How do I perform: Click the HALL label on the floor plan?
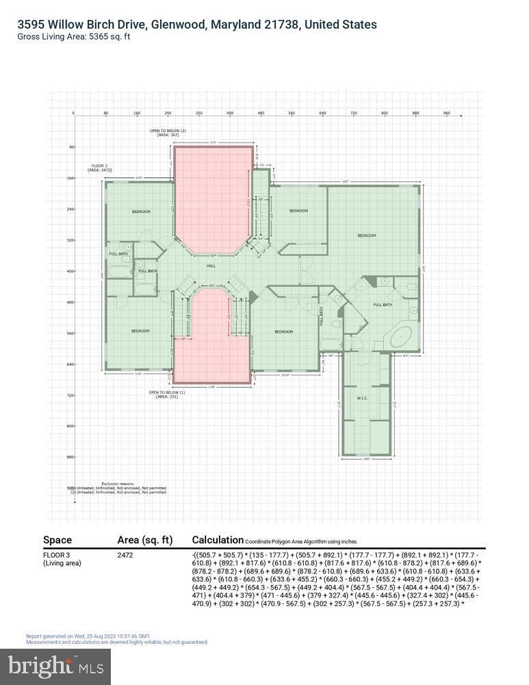[212, 265]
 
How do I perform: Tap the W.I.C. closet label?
[363, 398]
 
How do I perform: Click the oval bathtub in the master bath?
[398, 337]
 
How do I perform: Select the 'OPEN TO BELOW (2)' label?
[168, 133]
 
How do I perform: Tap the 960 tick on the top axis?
[446, 112]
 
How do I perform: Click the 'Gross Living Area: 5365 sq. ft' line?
[74, 36]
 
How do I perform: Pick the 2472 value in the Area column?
[125, 555]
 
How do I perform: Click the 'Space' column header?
[57, 540]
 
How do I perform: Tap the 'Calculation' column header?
[218, 540]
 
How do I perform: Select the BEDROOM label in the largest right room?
[367, 236]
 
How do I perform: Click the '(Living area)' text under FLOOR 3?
[62, 563]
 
